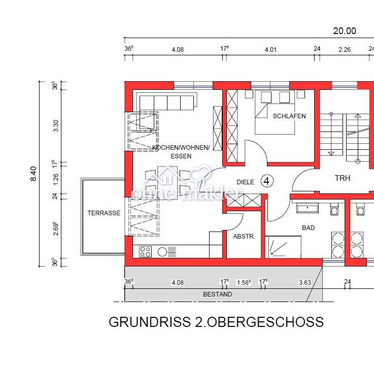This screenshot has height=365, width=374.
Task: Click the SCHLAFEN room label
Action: (x=289, y=116)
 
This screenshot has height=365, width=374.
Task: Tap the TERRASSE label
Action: (x=104, y=213)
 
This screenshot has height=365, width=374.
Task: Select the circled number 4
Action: (x=266, y=181)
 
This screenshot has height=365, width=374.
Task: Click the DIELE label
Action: (x=245, y=182)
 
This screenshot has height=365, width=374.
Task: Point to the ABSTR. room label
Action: (x=244, y=237)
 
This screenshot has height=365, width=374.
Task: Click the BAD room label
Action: (x=308, y=228)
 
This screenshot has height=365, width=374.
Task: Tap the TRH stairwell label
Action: (x=342, y=178)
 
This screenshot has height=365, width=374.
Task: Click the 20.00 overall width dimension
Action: (x=345, y=31)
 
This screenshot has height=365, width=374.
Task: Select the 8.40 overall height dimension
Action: (x=33, y=174)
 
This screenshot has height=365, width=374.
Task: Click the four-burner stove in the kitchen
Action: (x=145, y=251)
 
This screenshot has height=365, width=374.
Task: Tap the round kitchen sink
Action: (x=162, y=252)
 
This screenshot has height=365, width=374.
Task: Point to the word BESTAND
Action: (x=217, y=294)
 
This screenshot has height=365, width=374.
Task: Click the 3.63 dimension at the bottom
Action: (x=305, y=283)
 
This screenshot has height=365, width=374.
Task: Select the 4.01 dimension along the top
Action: (x=270, y=50)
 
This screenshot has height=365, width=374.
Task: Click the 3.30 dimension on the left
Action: (x=56, y=126)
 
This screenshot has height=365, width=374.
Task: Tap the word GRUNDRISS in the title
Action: (x=150, y=322)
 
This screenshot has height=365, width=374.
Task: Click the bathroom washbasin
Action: (x=307, y=208)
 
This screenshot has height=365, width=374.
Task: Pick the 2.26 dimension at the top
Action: (x=345, y=50)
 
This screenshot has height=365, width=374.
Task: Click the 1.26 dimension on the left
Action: (x=56, y=179)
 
